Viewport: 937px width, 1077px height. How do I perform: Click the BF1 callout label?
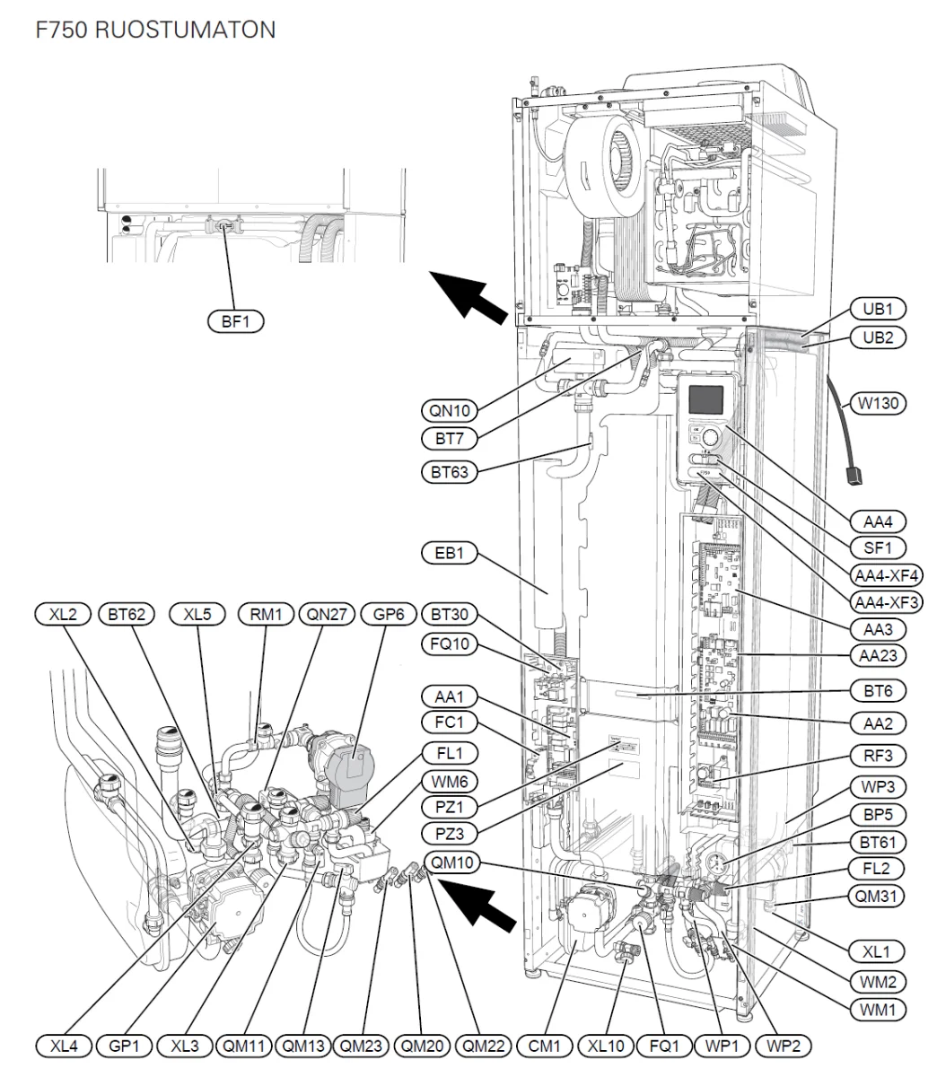pyautogui.click(x=235, y=321)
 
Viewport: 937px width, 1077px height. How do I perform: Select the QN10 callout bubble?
pyautogui.click(x=449, y=410)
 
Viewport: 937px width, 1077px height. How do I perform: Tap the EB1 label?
pyautogui.click(x=449, y=553)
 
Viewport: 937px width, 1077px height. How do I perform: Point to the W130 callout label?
pyautogui.click(x=878, y=403)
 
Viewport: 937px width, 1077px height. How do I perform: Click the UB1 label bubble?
pyautogui.click(x=878, y=309)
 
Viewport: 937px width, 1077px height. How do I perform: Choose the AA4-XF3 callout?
pyautogui.click(x=886, y=601)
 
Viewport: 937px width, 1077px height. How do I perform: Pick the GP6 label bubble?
pyautogui.click(x=389, y=614)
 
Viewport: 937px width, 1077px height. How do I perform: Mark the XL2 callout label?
pyautogui.click(x=63, y=614)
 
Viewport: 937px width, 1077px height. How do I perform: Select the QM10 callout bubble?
pyautogui.click(x=451, y=862)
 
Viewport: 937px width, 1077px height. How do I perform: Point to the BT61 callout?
pyautogui.click(x=878, y=842)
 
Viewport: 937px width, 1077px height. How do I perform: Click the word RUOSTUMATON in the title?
pyautogui.click(x=185, y=30)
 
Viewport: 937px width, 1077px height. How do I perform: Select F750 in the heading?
pyautogui.click(x=61, y=30)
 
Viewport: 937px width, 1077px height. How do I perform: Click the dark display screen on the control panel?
pyautogui.click(x=706, y=399)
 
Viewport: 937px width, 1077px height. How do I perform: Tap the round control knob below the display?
pyautogui.click(x=711, y=437)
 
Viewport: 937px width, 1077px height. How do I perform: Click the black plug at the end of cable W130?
pyautogui.click(x=853, y=476)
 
